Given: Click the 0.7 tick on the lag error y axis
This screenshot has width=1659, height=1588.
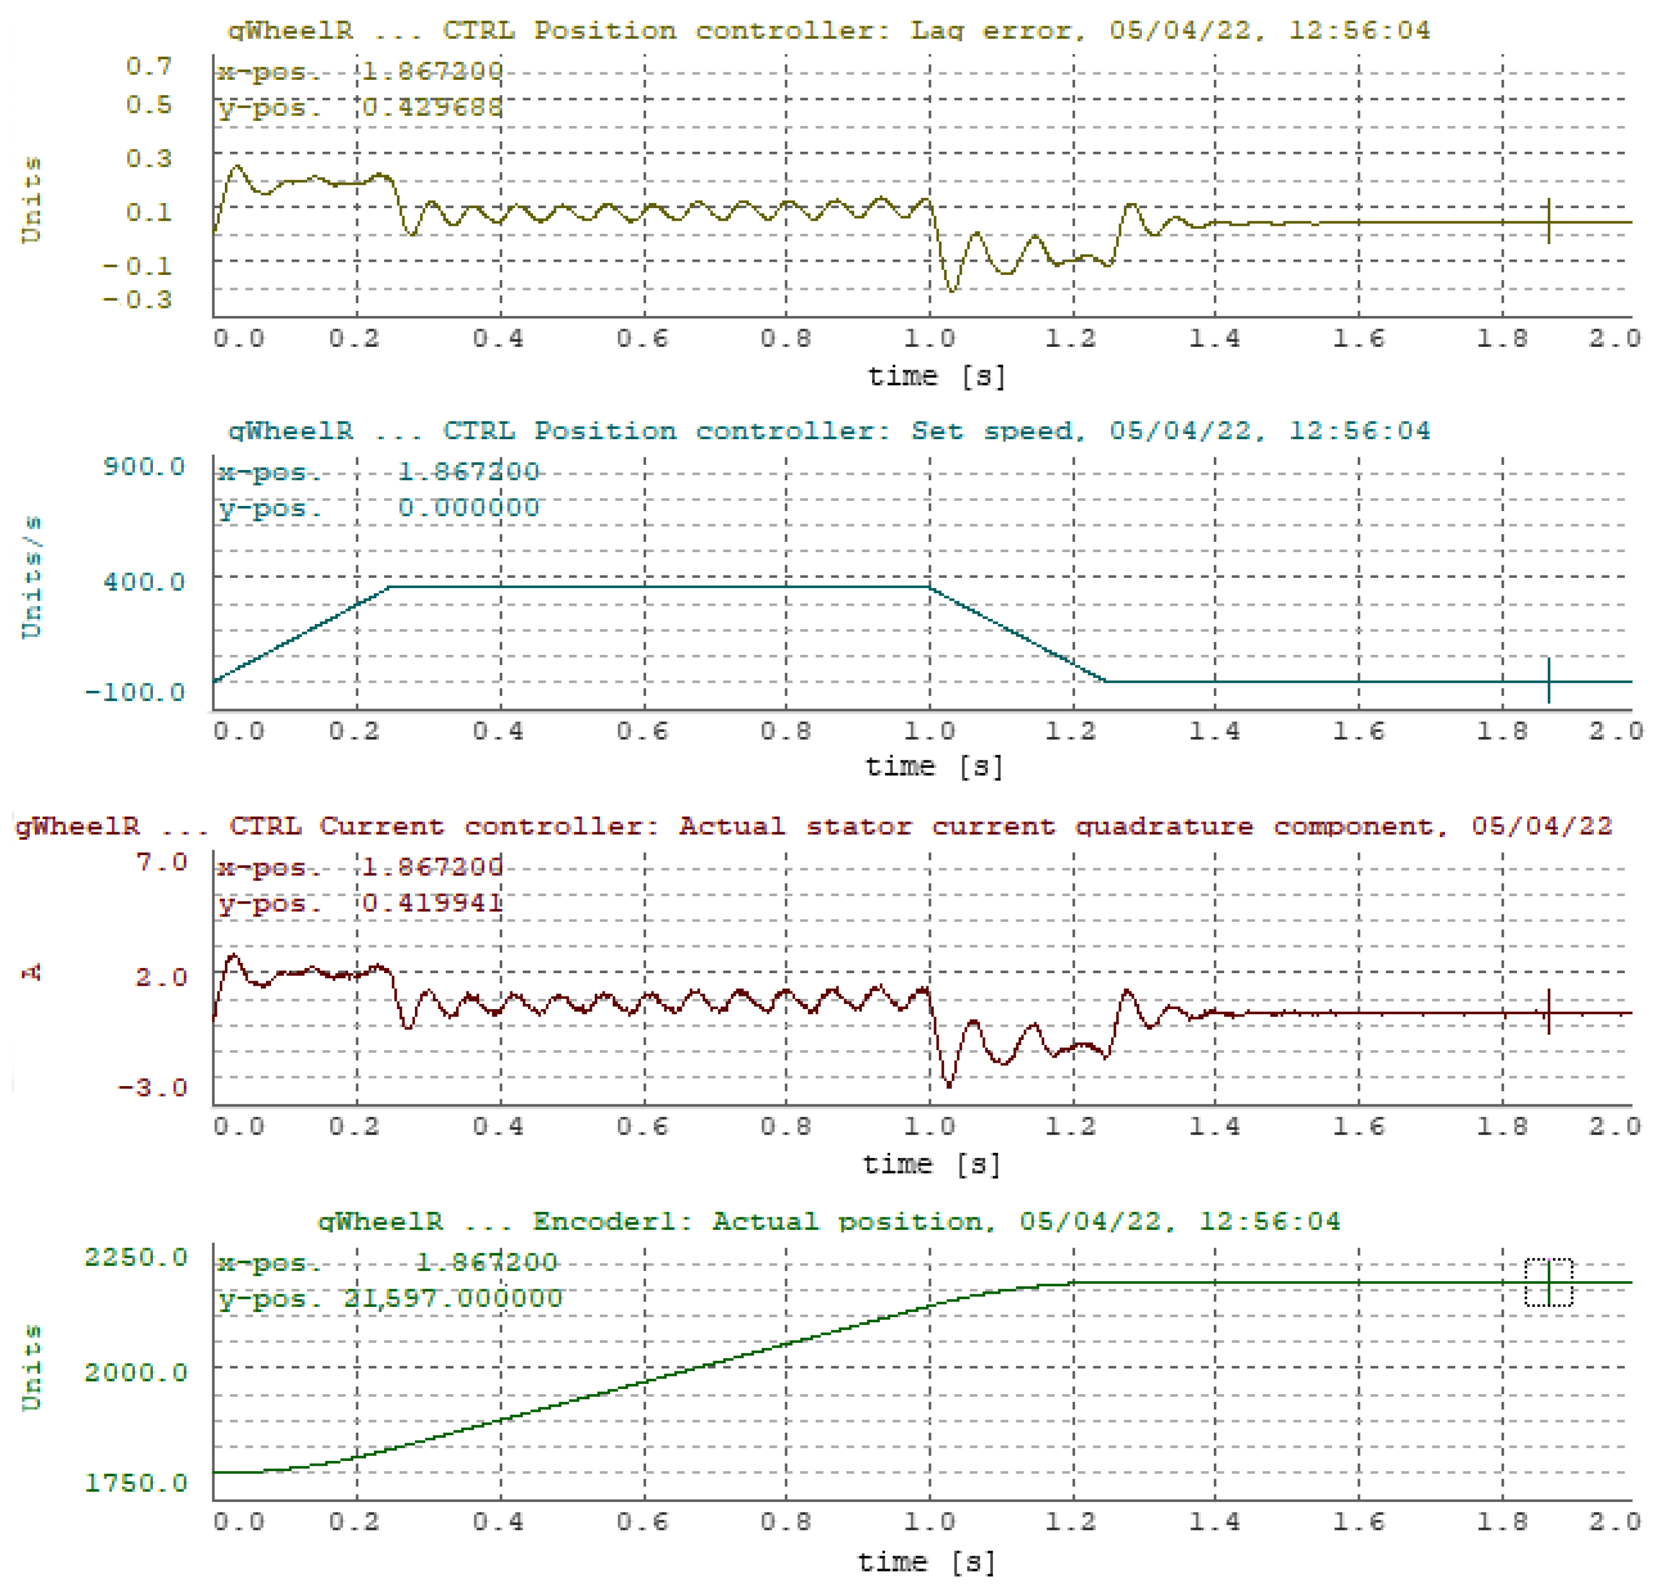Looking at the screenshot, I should pyautogui.click(x=148, y=66).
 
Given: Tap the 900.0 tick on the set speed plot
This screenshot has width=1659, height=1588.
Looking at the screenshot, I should pyautogui.click(x=143, y=466).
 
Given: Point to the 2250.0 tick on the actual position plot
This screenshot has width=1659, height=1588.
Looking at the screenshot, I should pyautogui.click(x=135, y=1257).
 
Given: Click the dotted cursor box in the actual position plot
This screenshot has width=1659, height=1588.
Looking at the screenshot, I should pyautogui.click(x=1548, y=1282).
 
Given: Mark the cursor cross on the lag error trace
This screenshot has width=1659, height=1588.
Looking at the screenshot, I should pyautogui.click(x=1548, y=222).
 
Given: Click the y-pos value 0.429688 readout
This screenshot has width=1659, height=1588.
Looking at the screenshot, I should pyautogui.click(x=431, y=107).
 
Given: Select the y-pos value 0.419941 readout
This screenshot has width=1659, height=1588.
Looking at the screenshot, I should pyautogui.click(x=431, y=904).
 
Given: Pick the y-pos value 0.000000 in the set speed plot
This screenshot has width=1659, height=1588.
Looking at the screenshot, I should pyautogui.click(x=468, y=508).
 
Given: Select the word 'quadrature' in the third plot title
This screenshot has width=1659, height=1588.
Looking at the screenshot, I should pyautogui.click(x=1164, y=826).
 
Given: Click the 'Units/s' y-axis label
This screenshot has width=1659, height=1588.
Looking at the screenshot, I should pyautogui.click(x=31, y=577).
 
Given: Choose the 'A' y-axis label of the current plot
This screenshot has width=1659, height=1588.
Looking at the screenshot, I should pyautogui.click(x=31, y=973).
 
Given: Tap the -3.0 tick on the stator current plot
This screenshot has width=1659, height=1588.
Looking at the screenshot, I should pyautogui.click(x=152, y=1087).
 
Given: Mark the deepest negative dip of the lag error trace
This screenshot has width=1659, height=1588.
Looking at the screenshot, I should pyautogui.click(x=952, y=290).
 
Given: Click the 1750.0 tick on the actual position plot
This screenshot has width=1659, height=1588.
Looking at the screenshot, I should pyautogui.click(x=135, y=1483).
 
